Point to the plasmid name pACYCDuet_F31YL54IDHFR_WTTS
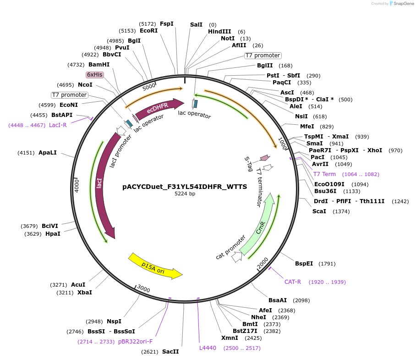coord(185,187)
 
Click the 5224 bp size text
coord(185,194)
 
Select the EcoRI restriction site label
coord(148,31)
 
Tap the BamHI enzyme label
coord(99,65)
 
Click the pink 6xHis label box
coord(95,75)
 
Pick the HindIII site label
coord(219,32)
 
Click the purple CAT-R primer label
coord(293,282)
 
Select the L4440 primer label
coord(208,348)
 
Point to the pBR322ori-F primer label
coord(136,342)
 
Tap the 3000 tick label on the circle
coord(143,288)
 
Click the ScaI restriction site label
coord(319,211)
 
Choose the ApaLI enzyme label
coord(48,153)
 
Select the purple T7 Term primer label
coord(324,174)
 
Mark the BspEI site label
coord(304,264)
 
